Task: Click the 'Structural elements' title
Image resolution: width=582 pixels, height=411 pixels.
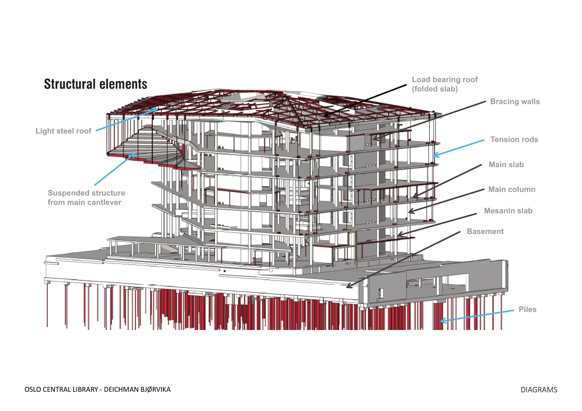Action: tap(96, 84)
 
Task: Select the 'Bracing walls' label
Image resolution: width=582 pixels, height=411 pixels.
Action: tap(515, 102)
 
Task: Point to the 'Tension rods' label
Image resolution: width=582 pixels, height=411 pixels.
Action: tap(514, 139)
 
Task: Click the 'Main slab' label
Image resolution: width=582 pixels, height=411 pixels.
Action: tap(506, 164)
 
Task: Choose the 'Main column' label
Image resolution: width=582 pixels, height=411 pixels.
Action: tap(512, 189)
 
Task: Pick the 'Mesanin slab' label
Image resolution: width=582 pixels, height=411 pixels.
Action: tap(508, 211)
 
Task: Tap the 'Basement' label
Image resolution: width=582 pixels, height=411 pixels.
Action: tap(485, 232)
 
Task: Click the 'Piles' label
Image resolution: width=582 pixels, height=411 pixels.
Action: tap(527, 310)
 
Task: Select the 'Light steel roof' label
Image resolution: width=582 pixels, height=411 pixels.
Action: tap(63, 131)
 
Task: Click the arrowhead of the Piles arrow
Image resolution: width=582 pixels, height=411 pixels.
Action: tap(441, 321)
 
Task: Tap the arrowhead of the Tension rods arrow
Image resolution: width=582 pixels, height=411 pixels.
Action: tap(434, 156)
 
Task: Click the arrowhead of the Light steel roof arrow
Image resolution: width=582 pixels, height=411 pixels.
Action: tap(157, 109)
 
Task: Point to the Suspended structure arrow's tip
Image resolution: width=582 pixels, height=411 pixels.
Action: tap(135, 153)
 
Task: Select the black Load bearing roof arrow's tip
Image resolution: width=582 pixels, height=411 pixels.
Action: tap(325, 116)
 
